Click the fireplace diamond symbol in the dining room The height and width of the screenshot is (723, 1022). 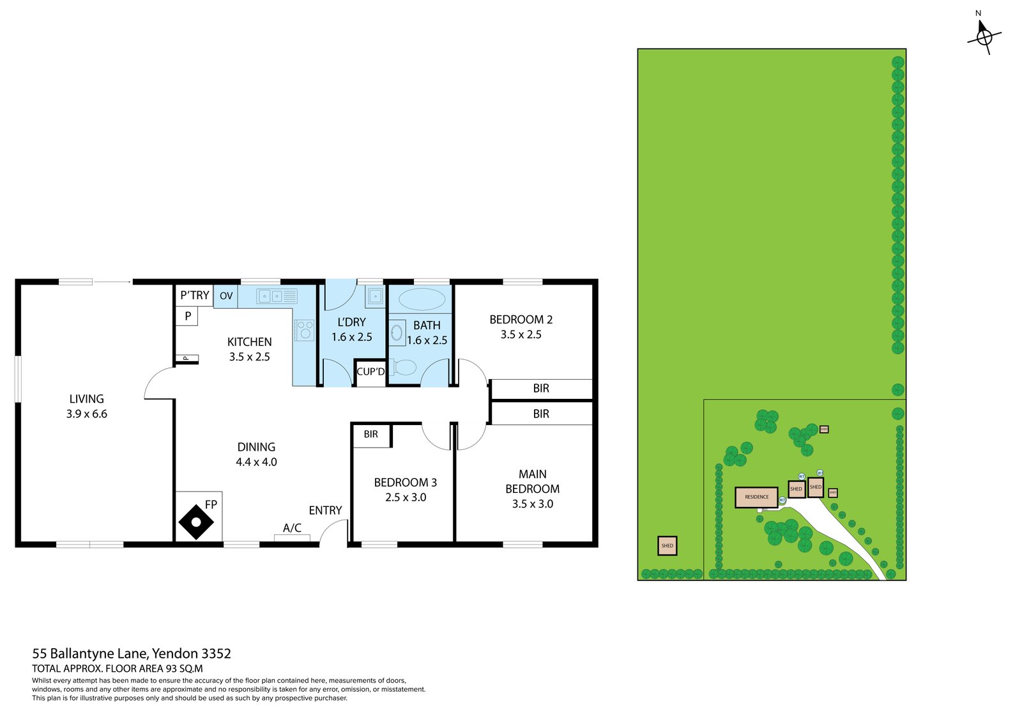pyautogui.click(x=196, y=522)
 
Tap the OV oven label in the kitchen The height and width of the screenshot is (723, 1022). pyautogui.click(x=226, y=296)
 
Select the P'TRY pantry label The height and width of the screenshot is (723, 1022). pyautogui.click(x=194, y=295)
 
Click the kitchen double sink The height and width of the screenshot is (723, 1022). pyautogui.click(x=270, y=296)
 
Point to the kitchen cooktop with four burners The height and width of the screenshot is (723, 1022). pyautogui.click(x=305, y=330)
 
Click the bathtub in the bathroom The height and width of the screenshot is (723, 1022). pyautogui.click(x=421, y=299)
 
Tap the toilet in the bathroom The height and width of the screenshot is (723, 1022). pyautogui.click(x=404, y=368)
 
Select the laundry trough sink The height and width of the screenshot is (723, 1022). pyautogui.click(x=375, y=296)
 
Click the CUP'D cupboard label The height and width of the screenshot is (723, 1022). pyautogui.click(x=370, y=371)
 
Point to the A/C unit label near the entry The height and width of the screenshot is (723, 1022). pyautogui.click(x=292, y=528)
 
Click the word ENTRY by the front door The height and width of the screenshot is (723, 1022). pyautogui.click(x=325, y=510)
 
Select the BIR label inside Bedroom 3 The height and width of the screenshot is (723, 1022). pyautogui.click(x=371, y=434)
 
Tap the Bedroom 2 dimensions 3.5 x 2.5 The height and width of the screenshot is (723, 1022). pyautogui.click(x=521, y=334)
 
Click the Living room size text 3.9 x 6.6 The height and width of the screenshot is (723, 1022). pyautogui.click(x=86, y=414)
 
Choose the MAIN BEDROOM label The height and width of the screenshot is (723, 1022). pyautogui.click(x=532, y=481)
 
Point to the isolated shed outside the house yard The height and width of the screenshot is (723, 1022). pyautogui.click(x=667, y=546)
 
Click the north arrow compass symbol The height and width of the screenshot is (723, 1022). pyautogui.click(x=984, y=37)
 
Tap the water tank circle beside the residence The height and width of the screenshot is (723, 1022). pyautogui.click(x=782, y=500)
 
